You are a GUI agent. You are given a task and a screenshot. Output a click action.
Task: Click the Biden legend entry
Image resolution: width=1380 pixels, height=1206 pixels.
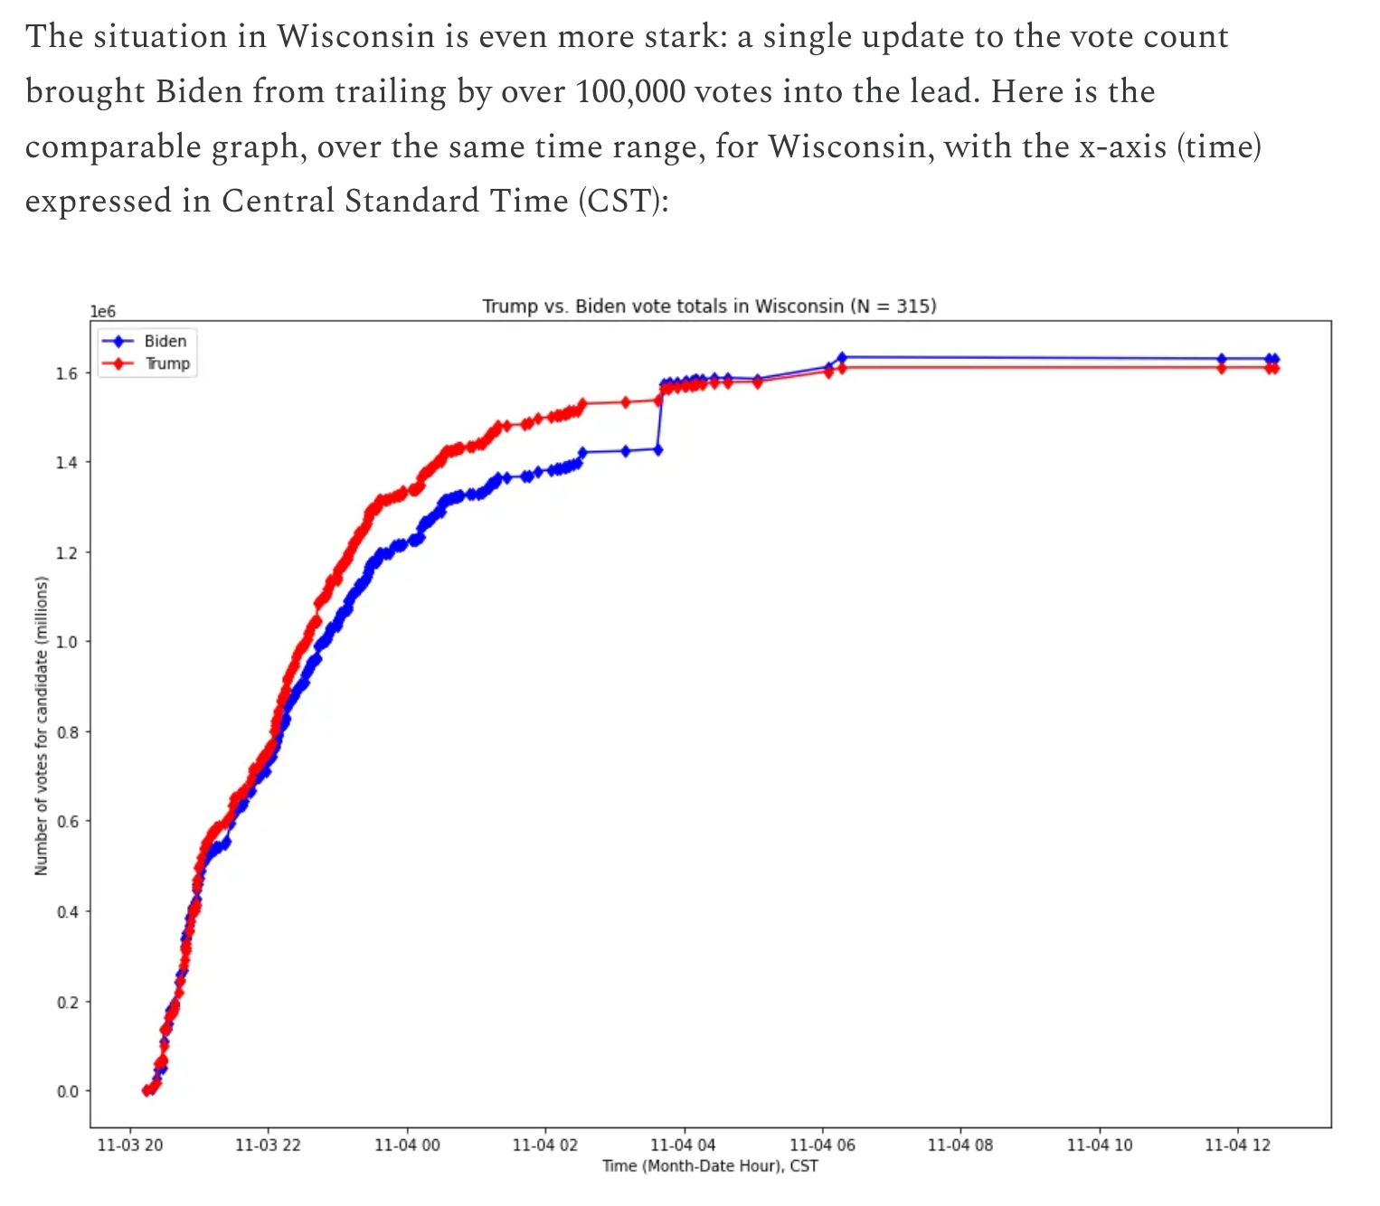tap(165, 341)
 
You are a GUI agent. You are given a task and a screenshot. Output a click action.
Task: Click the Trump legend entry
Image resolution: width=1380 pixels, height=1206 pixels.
tap(167, 363)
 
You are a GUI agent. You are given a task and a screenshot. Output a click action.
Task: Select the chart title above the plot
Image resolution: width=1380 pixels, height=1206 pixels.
tap(709, 306)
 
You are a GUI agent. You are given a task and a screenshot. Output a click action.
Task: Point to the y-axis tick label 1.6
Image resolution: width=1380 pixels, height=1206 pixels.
tap(69, 372)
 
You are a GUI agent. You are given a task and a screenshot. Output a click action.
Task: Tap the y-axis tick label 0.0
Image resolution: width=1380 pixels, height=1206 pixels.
tap(69, 1091)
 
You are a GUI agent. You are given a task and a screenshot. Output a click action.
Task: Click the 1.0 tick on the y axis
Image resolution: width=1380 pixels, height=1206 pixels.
tap(69, 642)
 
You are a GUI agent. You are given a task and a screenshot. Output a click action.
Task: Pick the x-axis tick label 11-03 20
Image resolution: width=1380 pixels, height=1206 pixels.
tap(129, 1145)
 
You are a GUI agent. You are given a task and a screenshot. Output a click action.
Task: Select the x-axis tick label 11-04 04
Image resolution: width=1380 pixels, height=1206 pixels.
tap(684, 1145)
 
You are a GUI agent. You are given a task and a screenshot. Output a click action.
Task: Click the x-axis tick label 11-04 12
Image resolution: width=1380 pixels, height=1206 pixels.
tap(1238, 1145)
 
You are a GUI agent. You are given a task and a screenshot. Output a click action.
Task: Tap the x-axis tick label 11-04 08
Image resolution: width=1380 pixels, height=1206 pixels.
tap(960, 1145)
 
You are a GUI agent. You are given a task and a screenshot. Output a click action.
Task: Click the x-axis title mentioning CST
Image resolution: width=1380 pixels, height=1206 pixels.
tap(710, 1165)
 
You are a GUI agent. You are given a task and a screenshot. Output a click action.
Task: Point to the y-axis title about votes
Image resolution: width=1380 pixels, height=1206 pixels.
tap(41, 726)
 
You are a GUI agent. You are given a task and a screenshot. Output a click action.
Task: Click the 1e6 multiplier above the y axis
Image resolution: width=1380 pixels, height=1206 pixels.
tap(103, 311)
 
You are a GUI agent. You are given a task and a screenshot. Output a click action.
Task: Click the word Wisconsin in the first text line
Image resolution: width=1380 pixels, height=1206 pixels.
tap(355, 37)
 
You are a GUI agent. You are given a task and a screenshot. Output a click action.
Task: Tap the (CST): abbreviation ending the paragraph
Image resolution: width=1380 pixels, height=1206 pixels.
tap(624, 201)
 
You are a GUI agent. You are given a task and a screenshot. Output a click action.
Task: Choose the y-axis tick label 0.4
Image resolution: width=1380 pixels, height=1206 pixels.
tap(69, 911)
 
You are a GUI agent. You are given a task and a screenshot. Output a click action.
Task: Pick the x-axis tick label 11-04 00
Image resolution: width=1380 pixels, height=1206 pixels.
tap(407, 1145)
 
